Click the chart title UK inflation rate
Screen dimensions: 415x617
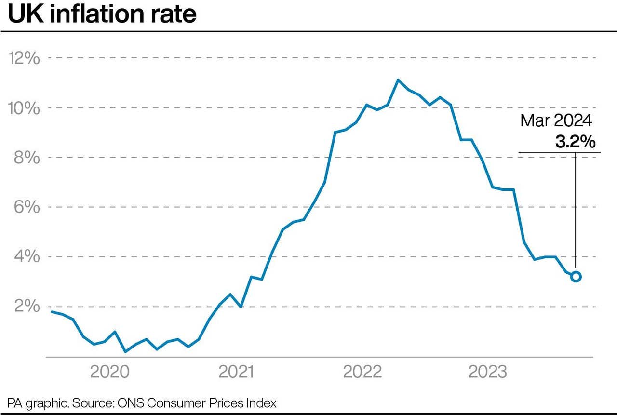102,14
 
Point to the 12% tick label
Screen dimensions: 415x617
24,58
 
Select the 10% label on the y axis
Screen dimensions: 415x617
24,108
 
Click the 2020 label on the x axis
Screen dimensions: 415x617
109,372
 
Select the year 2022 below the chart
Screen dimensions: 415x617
362,372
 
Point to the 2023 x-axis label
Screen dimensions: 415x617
488,372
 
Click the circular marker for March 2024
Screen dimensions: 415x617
576,277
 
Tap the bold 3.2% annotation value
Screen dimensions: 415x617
575,142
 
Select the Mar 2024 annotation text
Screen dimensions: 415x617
556,120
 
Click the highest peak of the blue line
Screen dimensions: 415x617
398,80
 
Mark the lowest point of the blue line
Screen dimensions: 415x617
125,351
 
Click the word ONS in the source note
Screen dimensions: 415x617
127,403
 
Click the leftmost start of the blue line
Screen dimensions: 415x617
52,312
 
